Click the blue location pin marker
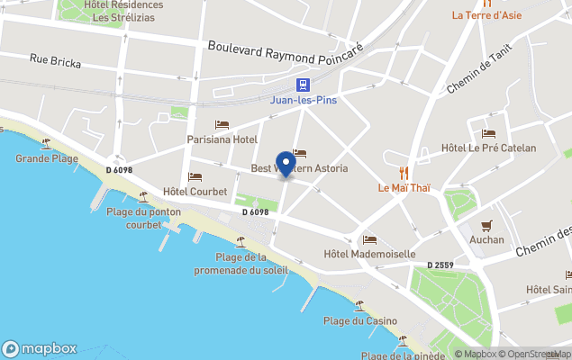(286, 164)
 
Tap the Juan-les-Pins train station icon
(304, 86)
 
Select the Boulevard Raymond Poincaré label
(285, 49)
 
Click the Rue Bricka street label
(55, 62)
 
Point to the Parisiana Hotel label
(222, 139)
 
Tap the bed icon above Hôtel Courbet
(195, 176)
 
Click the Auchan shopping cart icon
(487, 225)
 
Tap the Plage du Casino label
(360, 321)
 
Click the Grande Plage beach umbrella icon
(45, 142)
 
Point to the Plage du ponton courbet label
(144, 218)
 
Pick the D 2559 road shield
(439, 265)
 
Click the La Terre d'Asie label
(487, 14)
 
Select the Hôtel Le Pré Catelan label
(489, 148)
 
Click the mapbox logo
(40, 348)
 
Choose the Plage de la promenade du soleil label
(241, 263)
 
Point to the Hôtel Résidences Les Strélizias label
(123, 11)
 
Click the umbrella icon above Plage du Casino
(359, 306)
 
